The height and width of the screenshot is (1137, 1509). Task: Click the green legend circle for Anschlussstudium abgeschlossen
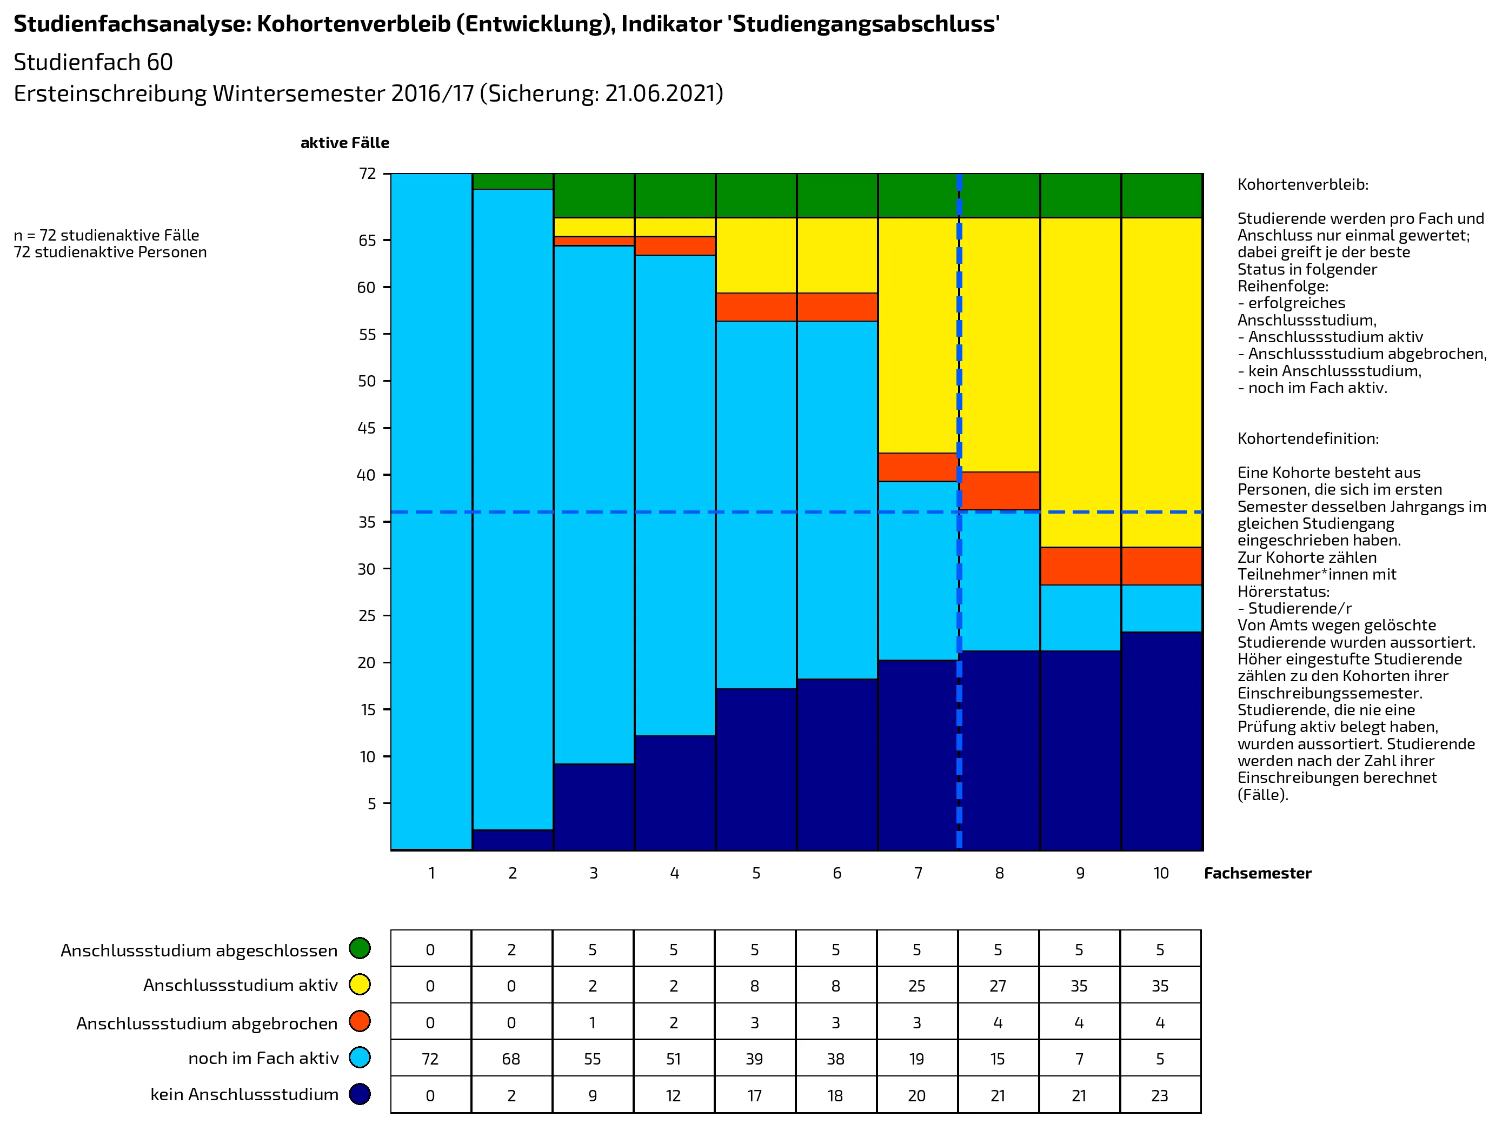pyautogui.click(x=360, y=948)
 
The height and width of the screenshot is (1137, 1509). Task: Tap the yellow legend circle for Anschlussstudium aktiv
pyautogui.click(x=360, y=984)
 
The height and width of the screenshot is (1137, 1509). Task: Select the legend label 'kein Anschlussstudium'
pyautogui.click(x=244, y=1095)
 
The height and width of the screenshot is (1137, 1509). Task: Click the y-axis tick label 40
pyautogui.click(x=367, y=475)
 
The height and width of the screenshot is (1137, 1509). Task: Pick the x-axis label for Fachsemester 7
pyautogui.click(x=918, y=873)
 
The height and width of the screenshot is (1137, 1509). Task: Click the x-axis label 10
pyautogui.click(x=1161, y=873)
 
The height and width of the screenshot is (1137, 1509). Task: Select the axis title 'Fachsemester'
pyautogui.click(x=1257, y=873)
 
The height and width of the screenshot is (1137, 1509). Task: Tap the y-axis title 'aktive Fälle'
pyautogui.click(x=344, y=143)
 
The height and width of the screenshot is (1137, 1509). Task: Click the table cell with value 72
pyautogui.click(x=430, y=1059)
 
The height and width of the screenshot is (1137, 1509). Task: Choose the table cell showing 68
pyautogui.click(x=511, y=1059)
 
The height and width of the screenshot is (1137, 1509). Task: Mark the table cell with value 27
pyautogui.click(x=998, y=986)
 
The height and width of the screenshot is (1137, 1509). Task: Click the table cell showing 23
pyautogui.click(x=1160, y=1095)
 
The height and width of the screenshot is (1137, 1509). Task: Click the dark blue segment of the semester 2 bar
pyautogui.click(x=513, y=840)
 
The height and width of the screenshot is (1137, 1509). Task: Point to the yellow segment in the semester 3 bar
pyautogui.click(x=594, y=227)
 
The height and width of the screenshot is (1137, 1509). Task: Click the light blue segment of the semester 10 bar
pyautogui.click(x=1162, y=608)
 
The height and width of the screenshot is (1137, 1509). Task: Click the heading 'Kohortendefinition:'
pyautogui.click(x=1308, y=438)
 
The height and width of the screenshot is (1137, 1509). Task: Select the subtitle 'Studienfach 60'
pyautogui.click(x=94, y=62)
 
